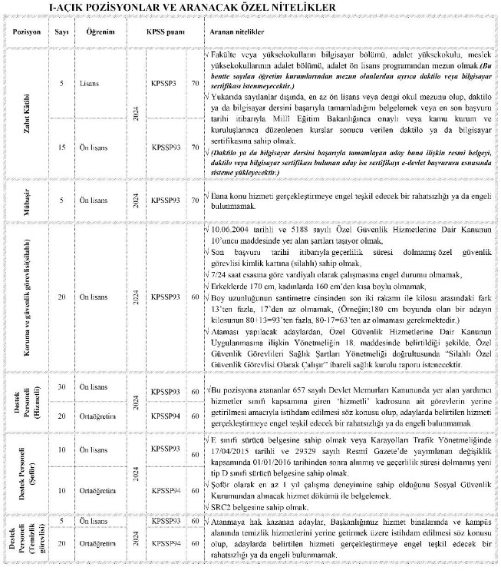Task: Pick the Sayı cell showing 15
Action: click(x=62, y=145)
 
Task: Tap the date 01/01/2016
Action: click(x=278, y=464)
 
